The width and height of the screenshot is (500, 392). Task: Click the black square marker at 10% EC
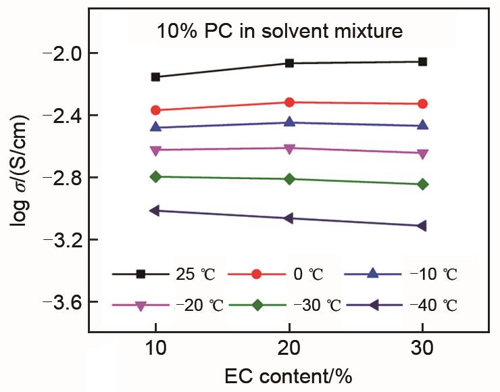tap(155, 77)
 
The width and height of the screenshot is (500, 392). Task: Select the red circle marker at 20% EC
tap(289, 102)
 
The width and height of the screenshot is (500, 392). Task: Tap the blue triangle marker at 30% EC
tap(423, 125)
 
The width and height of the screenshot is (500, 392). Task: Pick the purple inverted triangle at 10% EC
tap(155, 150)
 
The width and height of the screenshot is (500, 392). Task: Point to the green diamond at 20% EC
tap(289, 179)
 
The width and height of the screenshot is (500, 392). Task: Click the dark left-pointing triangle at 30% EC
tap(422, 226)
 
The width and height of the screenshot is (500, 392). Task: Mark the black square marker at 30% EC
tap(423, 62)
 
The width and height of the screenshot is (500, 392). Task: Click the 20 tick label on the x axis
tap(289, 349)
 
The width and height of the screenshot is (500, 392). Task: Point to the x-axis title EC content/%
tap(289, 375)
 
